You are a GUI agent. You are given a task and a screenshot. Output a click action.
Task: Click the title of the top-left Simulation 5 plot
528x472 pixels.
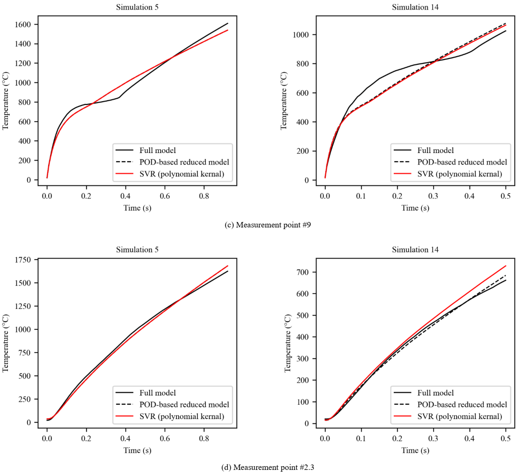pyautogui.click(x=137, y=7)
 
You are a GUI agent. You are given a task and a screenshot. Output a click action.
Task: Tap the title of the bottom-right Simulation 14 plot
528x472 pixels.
pyautogui.click(x=415, y=250)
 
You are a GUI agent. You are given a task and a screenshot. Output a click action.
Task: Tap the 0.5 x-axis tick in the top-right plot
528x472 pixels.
pyautogui.click(x=505, y=196)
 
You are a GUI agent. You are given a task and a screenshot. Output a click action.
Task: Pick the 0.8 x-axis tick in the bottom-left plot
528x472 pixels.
pyautogui.click(x=204, y=439)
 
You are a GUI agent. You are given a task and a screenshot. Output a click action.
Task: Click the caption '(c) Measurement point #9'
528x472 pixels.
pyautogui.click(x=268, y=225)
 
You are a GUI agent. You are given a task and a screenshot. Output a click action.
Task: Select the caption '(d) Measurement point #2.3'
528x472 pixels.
pyautogui.click(x=268, y=467)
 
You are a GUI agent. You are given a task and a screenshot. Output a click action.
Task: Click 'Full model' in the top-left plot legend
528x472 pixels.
pyautogui.click(x=158, y=151)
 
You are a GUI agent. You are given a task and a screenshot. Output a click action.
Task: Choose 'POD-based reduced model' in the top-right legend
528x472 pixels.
pyautogui.click(x=462, y=162)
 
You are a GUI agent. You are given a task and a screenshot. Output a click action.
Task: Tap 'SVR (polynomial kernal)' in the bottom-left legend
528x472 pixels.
pyautogui.click(x=182, y=416)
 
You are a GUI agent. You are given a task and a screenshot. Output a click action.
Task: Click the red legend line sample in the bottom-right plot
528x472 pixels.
pyautogui.click(x=403, y=416)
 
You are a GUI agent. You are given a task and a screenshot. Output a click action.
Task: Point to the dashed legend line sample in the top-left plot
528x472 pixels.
pyautogui.click(x=124, y=162)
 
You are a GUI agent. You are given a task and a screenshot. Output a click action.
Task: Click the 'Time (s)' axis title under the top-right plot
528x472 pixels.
pyautogui.click(x=415, y=208)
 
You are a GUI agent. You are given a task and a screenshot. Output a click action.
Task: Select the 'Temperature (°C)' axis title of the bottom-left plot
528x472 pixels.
pyautogui.click(x=5, y=343)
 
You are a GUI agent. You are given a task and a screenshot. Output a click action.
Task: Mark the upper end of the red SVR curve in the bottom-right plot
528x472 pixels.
pyautogui.click(x=506, y=266)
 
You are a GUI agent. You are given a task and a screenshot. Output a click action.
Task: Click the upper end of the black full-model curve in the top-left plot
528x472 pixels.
pyautogui.click(x=228, y=23)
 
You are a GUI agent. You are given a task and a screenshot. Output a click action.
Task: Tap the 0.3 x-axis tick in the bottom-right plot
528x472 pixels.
pyautogui.click(x=434, y=439)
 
